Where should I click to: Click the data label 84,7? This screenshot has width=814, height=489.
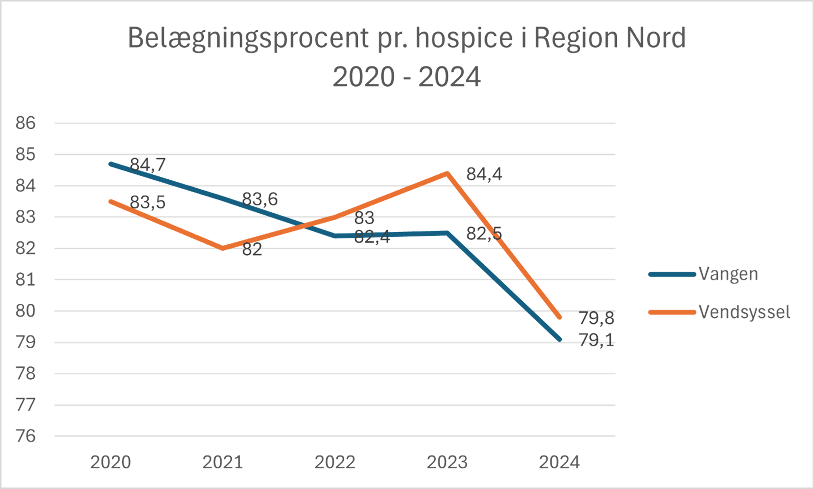tap(148, 165)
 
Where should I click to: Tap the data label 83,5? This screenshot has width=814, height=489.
tap(148, 202)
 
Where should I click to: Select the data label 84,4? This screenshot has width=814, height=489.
tap(484, 174)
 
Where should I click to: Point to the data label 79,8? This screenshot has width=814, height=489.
tap(597, 318)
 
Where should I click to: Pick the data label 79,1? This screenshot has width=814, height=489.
tap(597, 340)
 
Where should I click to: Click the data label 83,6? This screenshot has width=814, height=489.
tap(260, 199)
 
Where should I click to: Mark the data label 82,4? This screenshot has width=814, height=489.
tap(372, 236)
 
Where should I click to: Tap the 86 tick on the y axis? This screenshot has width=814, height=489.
tap(26, 123)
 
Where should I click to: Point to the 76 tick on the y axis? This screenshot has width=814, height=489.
tap(26, 436)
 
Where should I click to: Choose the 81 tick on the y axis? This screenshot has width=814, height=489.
tap(26, 280)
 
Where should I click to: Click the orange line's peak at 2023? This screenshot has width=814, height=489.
tap(447, 173)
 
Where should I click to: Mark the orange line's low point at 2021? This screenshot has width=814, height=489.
tap(223, 249)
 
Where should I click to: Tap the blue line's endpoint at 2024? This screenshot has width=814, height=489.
tap(559, 339)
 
